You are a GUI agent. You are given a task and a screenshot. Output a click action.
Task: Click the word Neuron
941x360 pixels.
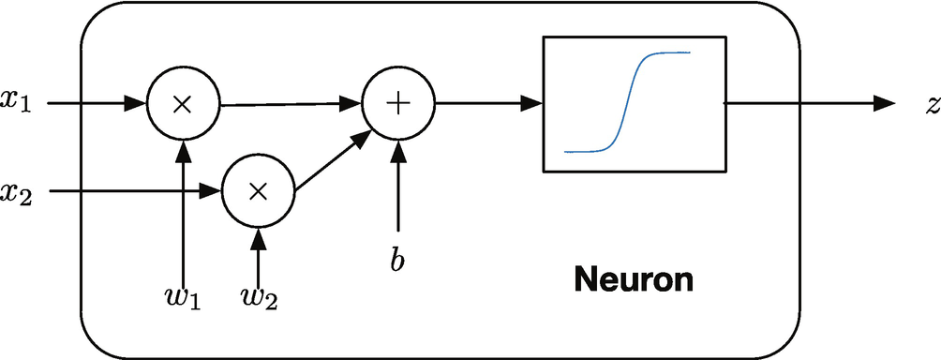click(635, 278)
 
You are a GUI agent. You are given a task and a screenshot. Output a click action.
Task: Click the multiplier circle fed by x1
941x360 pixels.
click(183, 104)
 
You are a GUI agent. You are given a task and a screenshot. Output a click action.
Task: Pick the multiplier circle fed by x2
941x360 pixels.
click(258, 191)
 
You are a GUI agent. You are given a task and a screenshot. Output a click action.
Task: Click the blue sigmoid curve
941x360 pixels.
click(627, 102)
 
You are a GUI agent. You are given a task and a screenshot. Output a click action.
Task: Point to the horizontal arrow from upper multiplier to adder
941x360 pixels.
click(291, 104)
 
